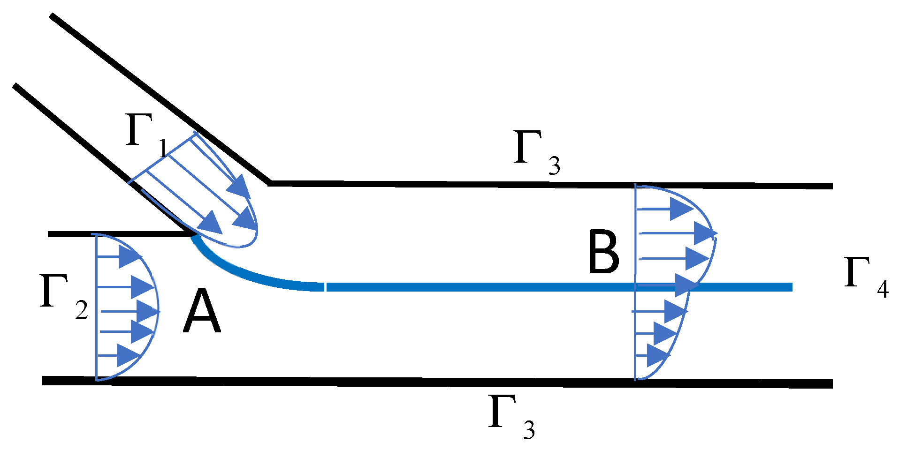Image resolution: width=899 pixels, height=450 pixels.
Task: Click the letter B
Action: [x=603, y=253]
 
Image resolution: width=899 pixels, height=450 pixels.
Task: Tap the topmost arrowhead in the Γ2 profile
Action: [x=129, y=256]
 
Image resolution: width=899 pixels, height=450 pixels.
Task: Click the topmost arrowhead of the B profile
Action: [x=681, y=209]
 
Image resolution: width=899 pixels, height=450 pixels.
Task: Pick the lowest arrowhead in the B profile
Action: [x=657, y=355]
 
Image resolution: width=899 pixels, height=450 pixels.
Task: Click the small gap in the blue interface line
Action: [x=325, y=287]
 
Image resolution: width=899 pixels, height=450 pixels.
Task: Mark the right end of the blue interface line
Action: [x=791, y=287]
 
